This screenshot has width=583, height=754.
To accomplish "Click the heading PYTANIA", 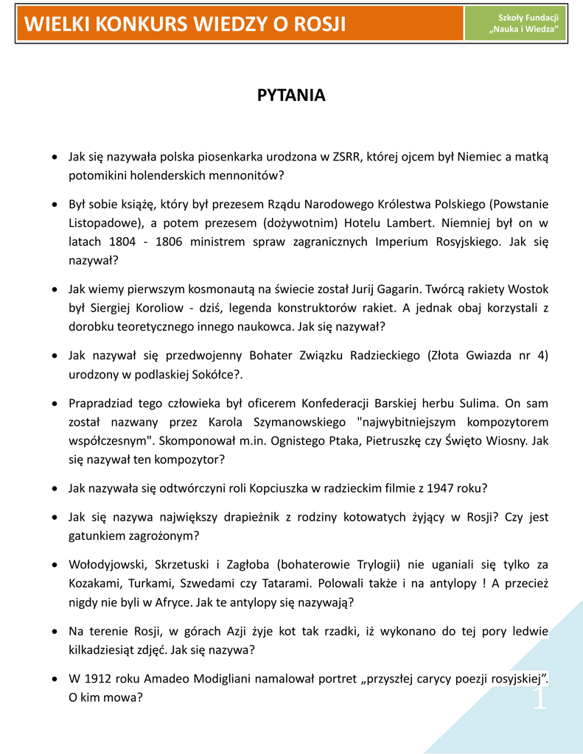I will click(291, 96).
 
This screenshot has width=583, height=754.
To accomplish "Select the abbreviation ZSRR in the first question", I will click(347, 156).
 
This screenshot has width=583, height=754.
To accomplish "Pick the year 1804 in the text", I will click(123, 242).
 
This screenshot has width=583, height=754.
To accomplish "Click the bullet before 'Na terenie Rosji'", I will click(56, 632).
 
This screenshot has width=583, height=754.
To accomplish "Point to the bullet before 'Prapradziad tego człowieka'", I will click(56, 404).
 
